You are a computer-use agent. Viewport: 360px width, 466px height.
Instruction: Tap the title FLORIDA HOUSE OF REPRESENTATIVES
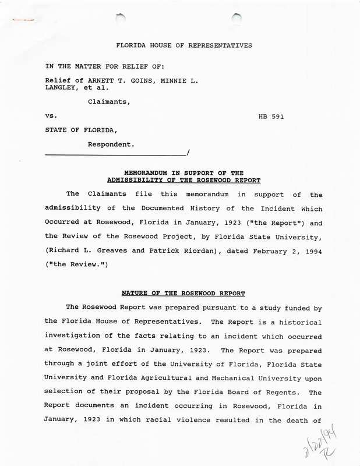click(x=184, y=45)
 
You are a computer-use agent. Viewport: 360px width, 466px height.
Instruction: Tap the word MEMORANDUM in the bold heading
click(x=145, y=173)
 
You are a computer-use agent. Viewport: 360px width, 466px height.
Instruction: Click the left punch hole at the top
click(x=121, y=17)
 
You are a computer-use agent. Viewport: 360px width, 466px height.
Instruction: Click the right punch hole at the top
click(x=237, y=18)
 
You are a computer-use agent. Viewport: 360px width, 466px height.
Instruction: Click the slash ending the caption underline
click(x=188, y=153)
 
